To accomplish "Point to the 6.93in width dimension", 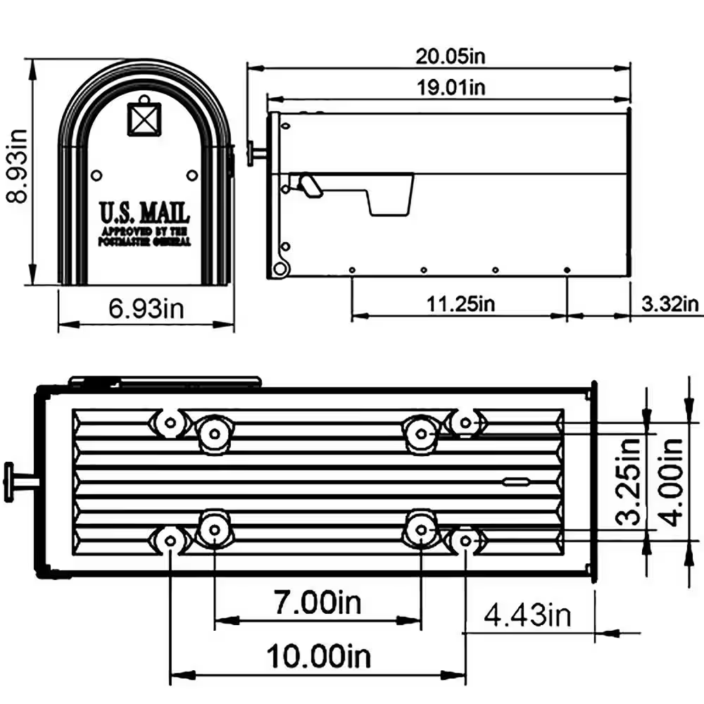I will [x=145, y=308].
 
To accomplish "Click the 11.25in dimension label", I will [x=460, y=303].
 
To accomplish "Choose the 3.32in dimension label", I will [x=670, y=303].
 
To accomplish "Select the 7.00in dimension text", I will [x=317, y=602].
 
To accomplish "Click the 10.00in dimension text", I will [x=318, y=657].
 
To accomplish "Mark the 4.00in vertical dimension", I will [x=674, y=482].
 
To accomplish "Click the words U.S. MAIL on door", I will [x=144, y=212].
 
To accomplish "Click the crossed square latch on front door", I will [x=144, y=118].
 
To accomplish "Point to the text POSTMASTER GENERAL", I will [x=144, y=241].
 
